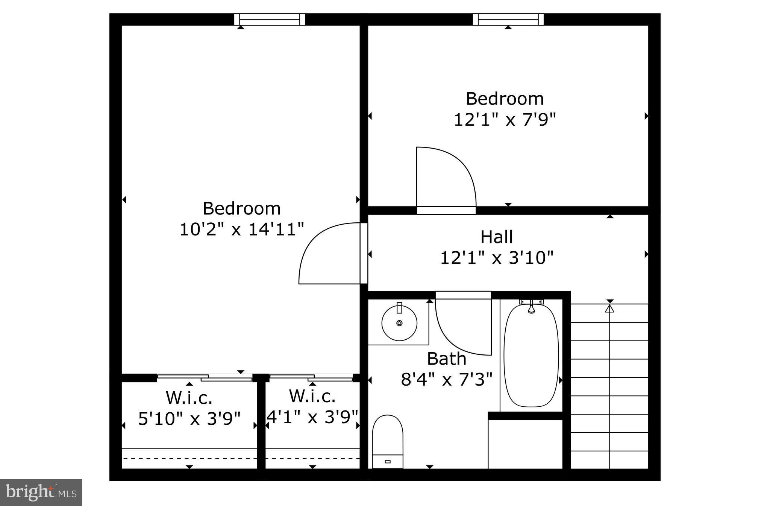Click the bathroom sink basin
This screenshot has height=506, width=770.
399,323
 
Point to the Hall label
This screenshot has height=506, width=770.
496,237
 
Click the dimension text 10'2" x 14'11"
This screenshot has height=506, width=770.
241,229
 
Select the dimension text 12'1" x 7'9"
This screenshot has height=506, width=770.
505,120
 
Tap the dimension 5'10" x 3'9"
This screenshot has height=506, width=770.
189,419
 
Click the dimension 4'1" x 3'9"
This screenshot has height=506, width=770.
312,417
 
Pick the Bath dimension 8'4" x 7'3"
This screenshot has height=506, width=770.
447,379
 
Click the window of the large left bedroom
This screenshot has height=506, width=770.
269,19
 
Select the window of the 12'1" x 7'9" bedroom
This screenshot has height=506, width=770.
508,19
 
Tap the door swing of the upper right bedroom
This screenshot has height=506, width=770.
444,177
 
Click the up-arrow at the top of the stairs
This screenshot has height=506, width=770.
609,308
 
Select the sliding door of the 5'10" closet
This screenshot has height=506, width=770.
205,378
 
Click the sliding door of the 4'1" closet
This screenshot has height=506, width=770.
311,378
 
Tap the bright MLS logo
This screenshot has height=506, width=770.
41,492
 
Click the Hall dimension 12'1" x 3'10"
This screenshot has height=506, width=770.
496,258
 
